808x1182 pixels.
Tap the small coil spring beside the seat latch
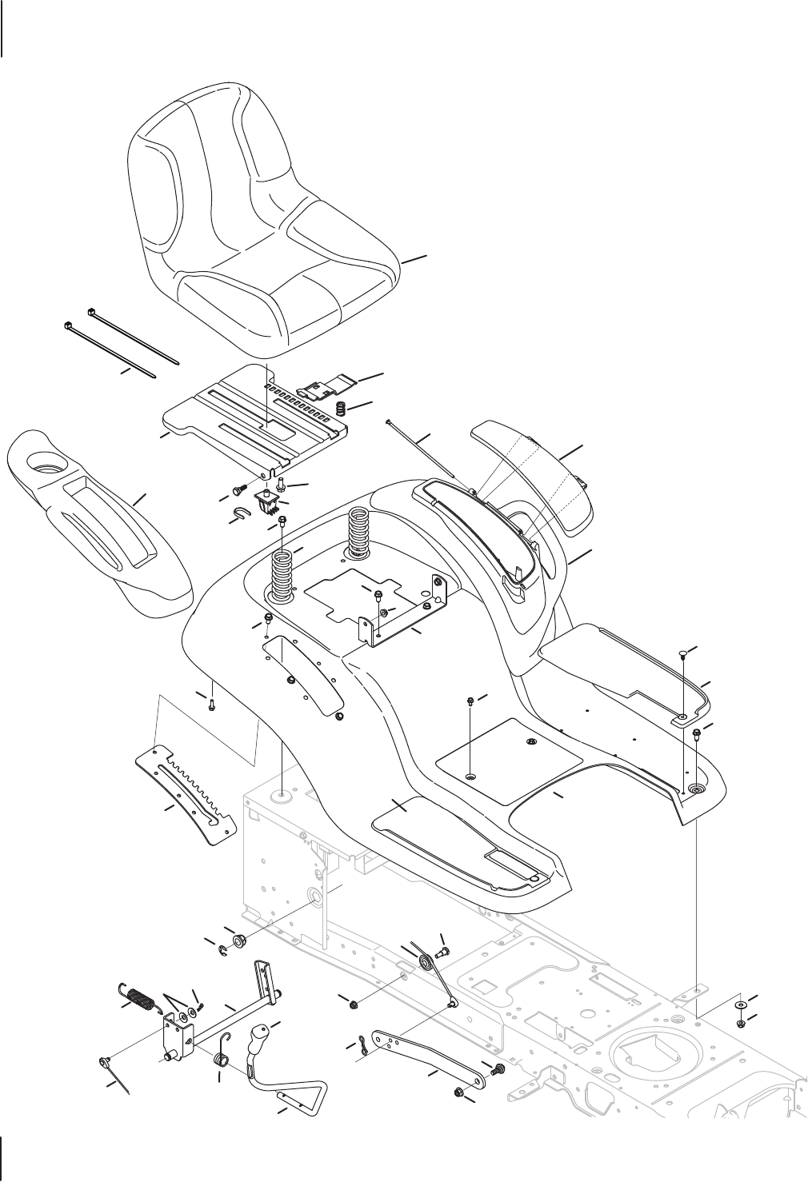(339, 409)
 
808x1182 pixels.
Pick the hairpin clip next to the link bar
(366, 1042)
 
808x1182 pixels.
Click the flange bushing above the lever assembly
(238, 939)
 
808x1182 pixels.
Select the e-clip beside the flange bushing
(224, 949)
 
